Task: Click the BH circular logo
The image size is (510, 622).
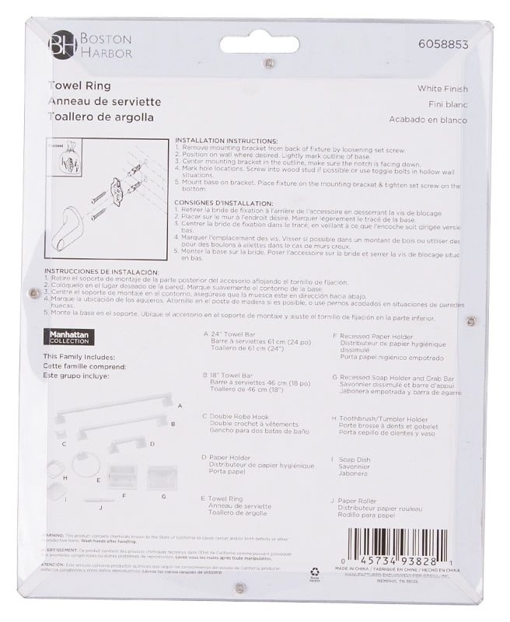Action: [61, 45]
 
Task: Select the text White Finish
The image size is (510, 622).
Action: [442, 89]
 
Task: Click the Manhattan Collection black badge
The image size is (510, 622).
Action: [71, 337]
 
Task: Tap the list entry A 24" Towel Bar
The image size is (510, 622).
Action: [236, 334]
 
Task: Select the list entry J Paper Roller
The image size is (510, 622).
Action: [360, 501]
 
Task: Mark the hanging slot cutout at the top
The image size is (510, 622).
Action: [259, 44]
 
